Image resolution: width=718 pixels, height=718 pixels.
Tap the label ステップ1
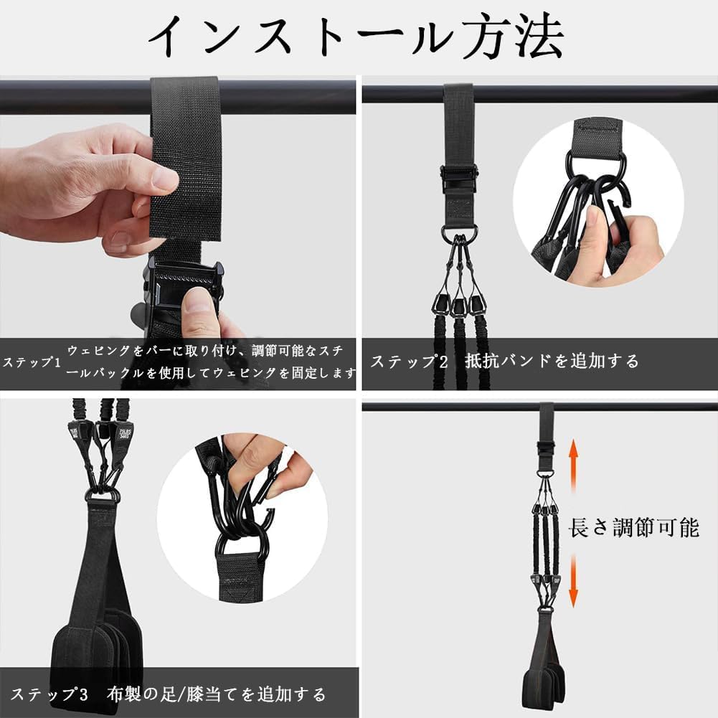32,362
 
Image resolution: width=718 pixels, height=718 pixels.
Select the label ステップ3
49,694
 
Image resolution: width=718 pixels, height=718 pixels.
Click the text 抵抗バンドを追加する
552,362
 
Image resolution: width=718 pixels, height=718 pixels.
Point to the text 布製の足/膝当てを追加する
217,694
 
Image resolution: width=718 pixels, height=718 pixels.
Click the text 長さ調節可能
633,529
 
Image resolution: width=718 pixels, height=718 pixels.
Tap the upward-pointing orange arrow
574,466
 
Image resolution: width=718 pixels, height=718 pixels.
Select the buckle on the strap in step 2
458,176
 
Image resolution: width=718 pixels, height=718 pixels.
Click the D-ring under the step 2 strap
458,232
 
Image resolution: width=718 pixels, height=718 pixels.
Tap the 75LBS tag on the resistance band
75,430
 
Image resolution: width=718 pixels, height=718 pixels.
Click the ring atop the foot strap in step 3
101,495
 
